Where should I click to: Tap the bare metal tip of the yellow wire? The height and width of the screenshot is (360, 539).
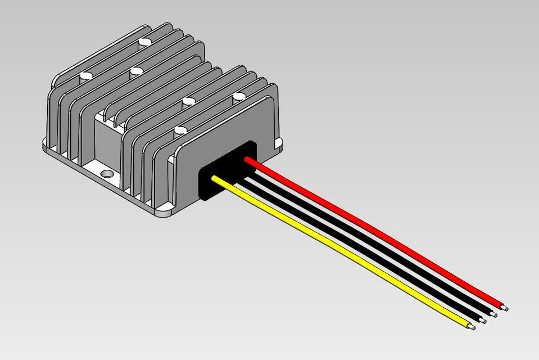(x=472, y=326)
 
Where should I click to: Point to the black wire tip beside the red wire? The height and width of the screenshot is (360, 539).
(x=496, y=314)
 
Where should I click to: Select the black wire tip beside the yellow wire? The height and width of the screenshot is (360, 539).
(x=483, y=321)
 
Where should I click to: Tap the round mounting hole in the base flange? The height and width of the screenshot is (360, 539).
(x=105, y=173)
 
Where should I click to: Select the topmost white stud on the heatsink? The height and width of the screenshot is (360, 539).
(x=146, y=42)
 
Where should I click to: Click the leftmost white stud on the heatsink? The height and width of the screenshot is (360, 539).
(x=86, y=76)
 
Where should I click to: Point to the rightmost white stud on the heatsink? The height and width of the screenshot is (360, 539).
(x=238, y=97)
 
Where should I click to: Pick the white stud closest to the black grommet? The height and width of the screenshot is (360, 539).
(x=180, y=130)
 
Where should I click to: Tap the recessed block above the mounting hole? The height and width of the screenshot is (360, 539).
(x=107, y=141)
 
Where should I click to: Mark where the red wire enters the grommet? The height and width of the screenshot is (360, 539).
(x=247, y=160)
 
